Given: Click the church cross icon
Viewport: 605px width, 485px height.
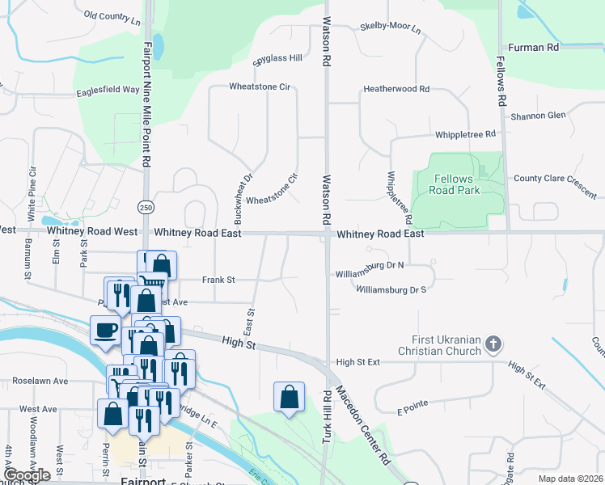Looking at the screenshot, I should click(x=493, y=346).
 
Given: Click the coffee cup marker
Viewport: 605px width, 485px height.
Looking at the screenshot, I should click(x=106, y=331).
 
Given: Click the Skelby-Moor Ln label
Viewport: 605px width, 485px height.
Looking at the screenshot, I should click(x=391, y=28).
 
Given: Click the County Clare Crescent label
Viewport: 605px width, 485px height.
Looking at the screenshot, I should click(x=554, y=179).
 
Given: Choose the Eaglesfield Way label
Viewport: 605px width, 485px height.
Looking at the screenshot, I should click(x=108, y=91).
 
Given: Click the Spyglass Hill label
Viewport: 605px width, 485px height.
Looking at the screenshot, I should click(x=277, y=58).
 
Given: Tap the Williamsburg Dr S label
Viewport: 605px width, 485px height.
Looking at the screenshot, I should click(x=391, y=289).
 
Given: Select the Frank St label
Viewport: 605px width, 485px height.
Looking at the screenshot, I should click(x=218, y=280).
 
